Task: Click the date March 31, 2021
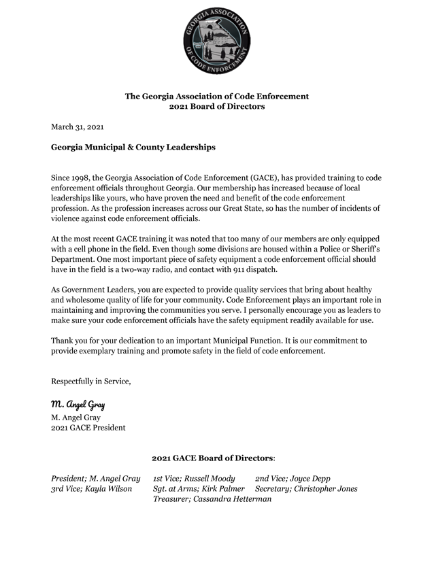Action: click(78, 126)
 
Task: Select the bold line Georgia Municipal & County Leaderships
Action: click(133, 146)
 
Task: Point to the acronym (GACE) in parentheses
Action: click(257, 177)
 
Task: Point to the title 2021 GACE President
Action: click(88, 428)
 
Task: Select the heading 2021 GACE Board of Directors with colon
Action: click(213, 458)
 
